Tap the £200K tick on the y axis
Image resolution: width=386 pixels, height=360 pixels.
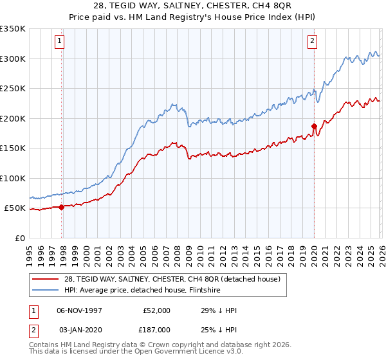(13, 118)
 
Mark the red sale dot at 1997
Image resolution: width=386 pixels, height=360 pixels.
(62, 207)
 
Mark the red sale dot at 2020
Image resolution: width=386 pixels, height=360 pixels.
(314, 126)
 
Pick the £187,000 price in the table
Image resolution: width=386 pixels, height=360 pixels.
(156, 328)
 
